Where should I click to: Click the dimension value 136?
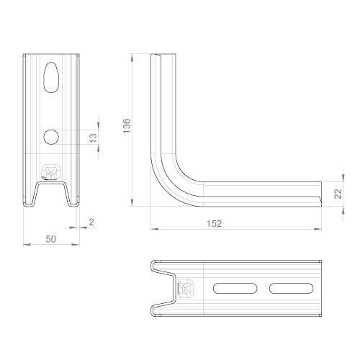[x=127, y=126]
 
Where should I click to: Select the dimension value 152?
[x=214, y=224]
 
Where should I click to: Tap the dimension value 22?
[x=338, y=194]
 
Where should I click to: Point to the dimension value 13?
[x=93, y=138]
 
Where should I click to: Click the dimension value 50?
[x=51, y=239]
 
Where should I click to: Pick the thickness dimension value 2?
[x=91, y=222]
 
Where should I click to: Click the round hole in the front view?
[x=51, y=137]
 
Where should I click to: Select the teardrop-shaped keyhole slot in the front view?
[x=51, y=77]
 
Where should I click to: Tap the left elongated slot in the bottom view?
[x=235, y=288]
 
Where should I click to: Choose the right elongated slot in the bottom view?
[x=291, y=288]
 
